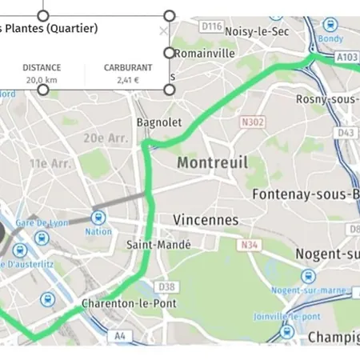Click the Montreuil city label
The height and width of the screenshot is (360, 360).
212,163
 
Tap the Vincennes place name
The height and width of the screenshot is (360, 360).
206,219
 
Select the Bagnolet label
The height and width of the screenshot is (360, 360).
159,122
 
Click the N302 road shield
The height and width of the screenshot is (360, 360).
250,123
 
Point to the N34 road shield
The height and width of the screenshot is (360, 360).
250,244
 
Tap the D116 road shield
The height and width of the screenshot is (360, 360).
211,26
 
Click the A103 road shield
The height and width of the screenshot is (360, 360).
347,57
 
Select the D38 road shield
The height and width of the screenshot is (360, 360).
166,286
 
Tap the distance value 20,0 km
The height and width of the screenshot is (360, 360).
42,80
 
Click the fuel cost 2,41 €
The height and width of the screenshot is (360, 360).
128,80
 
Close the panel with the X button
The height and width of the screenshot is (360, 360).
163,30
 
